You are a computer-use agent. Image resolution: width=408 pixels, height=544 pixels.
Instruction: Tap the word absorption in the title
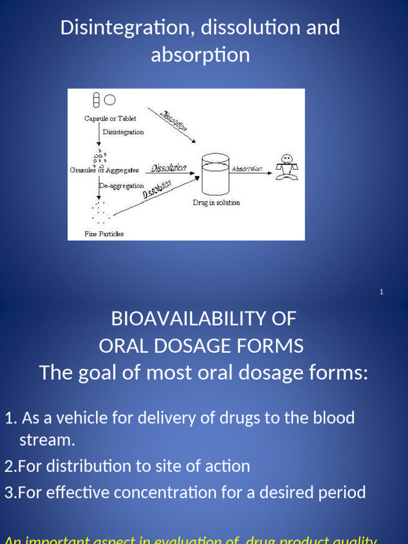(200, 55)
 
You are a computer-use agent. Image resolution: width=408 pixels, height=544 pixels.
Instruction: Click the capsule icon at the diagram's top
(96, 99)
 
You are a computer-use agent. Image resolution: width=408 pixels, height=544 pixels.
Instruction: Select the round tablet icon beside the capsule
(110, 99)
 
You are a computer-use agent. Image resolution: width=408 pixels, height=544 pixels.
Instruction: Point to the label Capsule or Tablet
(110, 118)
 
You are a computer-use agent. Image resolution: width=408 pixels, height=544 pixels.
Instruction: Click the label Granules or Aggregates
(105, 170)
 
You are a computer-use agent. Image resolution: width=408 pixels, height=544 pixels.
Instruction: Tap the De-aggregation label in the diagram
(122, 186)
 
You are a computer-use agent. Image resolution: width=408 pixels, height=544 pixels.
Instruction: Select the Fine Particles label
(104, 234)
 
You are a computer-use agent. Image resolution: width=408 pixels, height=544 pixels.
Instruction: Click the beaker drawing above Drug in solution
(215, 174)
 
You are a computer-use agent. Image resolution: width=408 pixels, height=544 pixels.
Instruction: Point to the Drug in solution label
(216, 202)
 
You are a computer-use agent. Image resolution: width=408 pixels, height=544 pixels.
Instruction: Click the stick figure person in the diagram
(287, 168)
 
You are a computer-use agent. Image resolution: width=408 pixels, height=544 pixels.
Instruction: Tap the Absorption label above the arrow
(247, 168)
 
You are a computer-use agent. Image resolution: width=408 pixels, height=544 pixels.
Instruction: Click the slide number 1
(381, 292)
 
